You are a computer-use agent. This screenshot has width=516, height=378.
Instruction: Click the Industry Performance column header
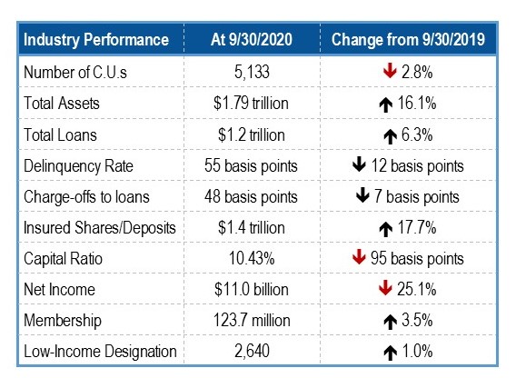coord(96,40)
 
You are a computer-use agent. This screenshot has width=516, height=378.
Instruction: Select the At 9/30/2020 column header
coord(252,39)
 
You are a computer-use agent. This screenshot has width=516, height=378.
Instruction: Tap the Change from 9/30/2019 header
coord(408,39)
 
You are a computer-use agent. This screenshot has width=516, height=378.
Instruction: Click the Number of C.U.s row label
coord(75,72)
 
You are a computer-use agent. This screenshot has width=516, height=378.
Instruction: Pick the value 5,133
coord(252,72)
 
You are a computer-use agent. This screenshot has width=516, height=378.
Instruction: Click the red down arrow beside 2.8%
coord(390,71)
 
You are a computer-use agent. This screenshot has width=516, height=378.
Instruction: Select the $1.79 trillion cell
coord(251,103)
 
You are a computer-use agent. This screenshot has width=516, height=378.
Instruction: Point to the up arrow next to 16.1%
coord(386,105)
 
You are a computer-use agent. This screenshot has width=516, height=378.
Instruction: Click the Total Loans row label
coord(60,135)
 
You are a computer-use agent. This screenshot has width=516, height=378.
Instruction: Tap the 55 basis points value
coord(251,165)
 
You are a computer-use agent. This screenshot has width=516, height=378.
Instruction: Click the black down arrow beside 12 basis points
coord(359,164)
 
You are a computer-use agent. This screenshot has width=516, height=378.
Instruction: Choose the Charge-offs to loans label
coord(86,197)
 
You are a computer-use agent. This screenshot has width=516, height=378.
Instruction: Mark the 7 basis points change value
coord(417,196)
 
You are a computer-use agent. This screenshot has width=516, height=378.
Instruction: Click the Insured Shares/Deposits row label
coord(100,228)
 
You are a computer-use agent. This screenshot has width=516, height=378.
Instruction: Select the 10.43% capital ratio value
coord(252,258)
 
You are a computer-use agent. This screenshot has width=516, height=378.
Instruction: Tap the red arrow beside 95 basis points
coord(359,257)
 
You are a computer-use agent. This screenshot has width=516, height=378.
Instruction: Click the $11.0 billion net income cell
coord(252,290)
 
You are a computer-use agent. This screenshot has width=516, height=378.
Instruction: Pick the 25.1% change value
coord(417,289)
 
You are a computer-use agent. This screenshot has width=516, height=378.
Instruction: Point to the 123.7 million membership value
coord(252,320)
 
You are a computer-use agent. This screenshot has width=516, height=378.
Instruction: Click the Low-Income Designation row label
coord(100,352)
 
